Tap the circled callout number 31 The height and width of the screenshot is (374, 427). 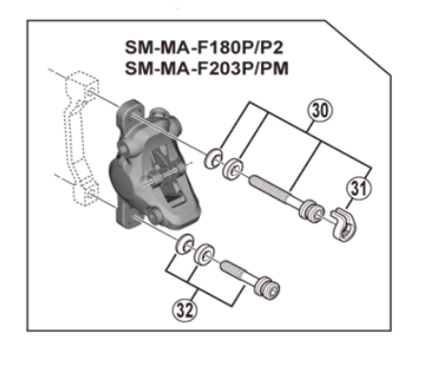click(356, 188)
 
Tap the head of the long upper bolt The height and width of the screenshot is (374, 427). click(311, 208)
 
